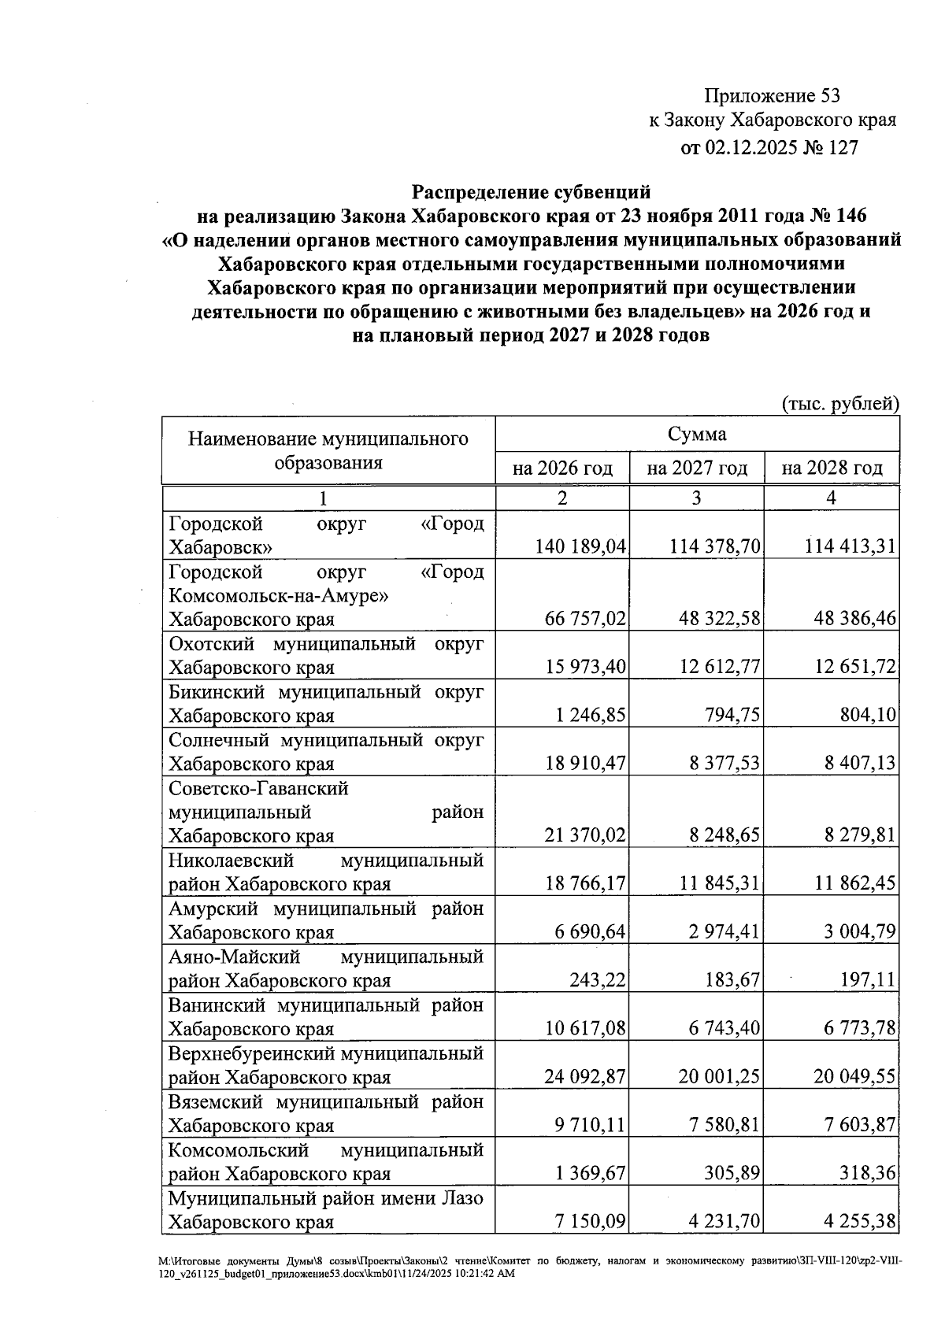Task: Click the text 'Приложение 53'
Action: click(772, 96)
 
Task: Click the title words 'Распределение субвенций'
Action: click(532, 191)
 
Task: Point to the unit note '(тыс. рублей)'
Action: click(839, 404)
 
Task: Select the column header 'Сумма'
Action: click(697, 434)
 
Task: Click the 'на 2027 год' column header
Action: click(697, 468)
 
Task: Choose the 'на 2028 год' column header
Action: click(832, 468)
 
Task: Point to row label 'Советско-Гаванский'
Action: click(258, 788)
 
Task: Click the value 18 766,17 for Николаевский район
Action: click(584, 883)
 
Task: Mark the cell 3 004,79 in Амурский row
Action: click(860, 932)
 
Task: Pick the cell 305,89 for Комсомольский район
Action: click(732, 1173)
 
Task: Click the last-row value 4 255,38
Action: click(860, 1222)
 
